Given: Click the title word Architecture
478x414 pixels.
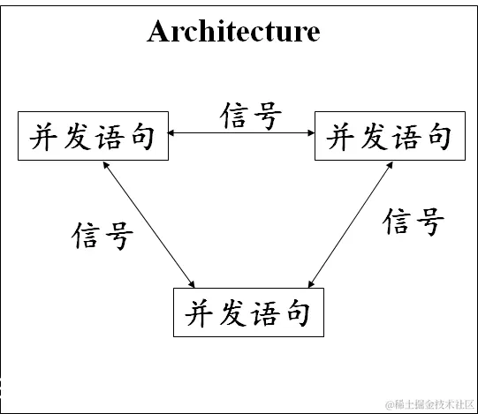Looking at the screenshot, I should pos(233,32).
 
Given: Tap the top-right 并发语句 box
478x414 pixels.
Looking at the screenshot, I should pos(389,137).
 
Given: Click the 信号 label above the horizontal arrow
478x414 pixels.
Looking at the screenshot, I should pos(252,115).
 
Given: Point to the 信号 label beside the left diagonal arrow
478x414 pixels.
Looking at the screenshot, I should pos(103,235).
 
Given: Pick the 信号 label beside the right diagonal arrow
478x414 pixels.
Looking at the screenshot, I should pos(413,221).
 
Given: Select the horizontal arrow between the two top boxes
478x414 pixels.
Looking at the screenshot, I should pos(241,134).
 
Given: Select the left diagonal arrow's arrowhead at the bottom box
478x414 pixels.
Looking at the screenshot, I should pos(193,283).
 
